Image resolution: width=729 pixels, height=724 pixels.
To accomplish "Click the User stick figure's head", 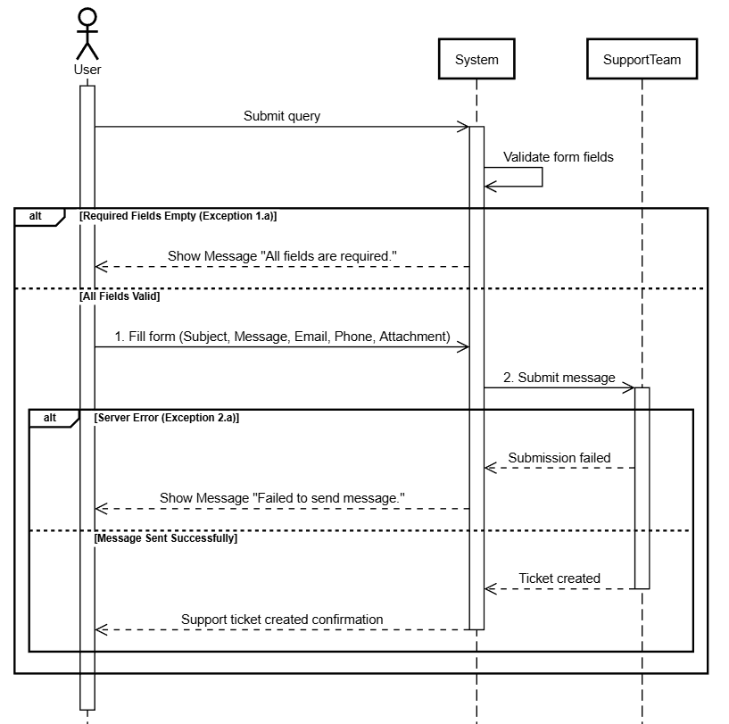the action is tap(87, 16).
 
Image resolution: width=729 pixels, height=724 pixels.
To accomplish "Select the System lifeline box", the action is tap(476, 59).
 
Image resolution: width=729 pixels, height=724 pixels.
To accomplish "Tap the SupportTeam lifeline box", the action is tap(642, 59).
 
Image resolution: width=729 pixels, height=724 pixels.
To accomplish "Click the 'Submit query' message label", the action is tap(282, 116).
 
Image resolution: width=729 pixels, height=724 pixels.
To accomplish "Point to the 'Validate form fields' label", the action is tap(559, 157).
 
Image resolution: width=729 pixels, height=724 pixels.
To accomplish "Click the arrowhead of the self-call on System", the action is tap(487, 187).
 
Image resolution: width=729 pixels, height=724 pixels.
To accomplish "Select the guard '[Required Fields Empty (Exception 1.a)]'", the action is tap(178, 216).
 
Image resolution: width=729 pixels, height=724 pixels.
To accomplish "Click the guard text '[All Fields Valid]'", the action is tap(120, 296).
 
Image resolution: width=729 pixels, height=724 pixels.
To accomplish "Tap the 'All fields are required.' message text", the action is tap(328, 256).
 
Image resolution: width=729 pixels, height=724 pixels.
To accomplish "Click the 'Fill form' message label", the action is tap(282, 337).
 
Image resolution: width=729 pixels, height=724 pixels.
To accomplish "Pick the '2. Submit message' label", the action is tap(559, 378).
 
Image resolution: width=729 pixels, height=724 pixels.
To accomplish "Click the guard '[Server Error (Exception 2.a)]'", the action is tap(167, 418).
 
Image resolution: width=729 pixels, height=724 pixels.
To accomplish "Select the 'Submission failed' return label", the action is tap(559, 458).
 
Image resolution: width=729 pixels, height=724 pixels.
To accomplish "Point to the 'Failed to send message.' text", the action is tap(328, 498).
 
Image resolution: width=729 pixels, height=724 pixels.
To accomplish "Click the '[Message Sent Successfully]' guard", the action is tap(165, 538).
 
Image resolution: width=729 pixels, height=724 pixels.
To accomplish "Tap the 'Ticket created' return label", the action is tap(559, 578).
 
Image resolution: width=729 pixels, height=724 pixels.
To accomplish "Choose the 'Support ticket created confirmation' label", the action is tap(282, 620).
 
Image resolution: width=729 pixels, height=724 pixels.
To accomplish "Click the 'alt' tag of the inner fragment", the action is tap(50, 418).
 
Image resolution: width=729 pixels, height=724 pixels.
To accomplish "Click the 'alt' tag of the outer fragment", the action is tap(36, 216).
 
